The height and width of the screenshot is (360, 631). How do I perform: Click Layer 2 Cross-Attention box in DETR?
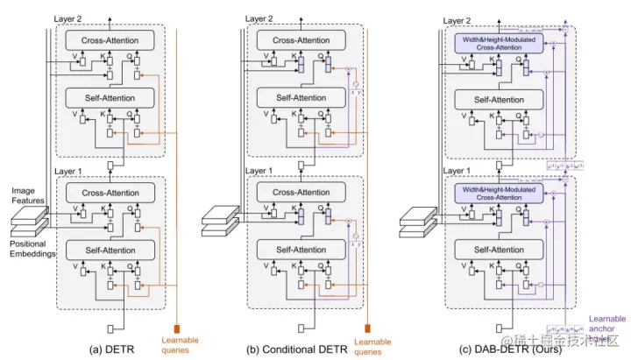[109, 40]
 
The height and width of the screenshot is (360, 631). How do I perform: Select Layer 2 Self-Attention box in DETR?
[109, 98]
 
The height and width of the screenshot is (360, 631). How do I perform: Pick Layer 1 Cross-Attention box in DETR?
[109, 193]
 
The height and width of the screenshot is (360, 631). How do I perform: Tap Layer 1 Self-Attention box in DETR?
[109, 251]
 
